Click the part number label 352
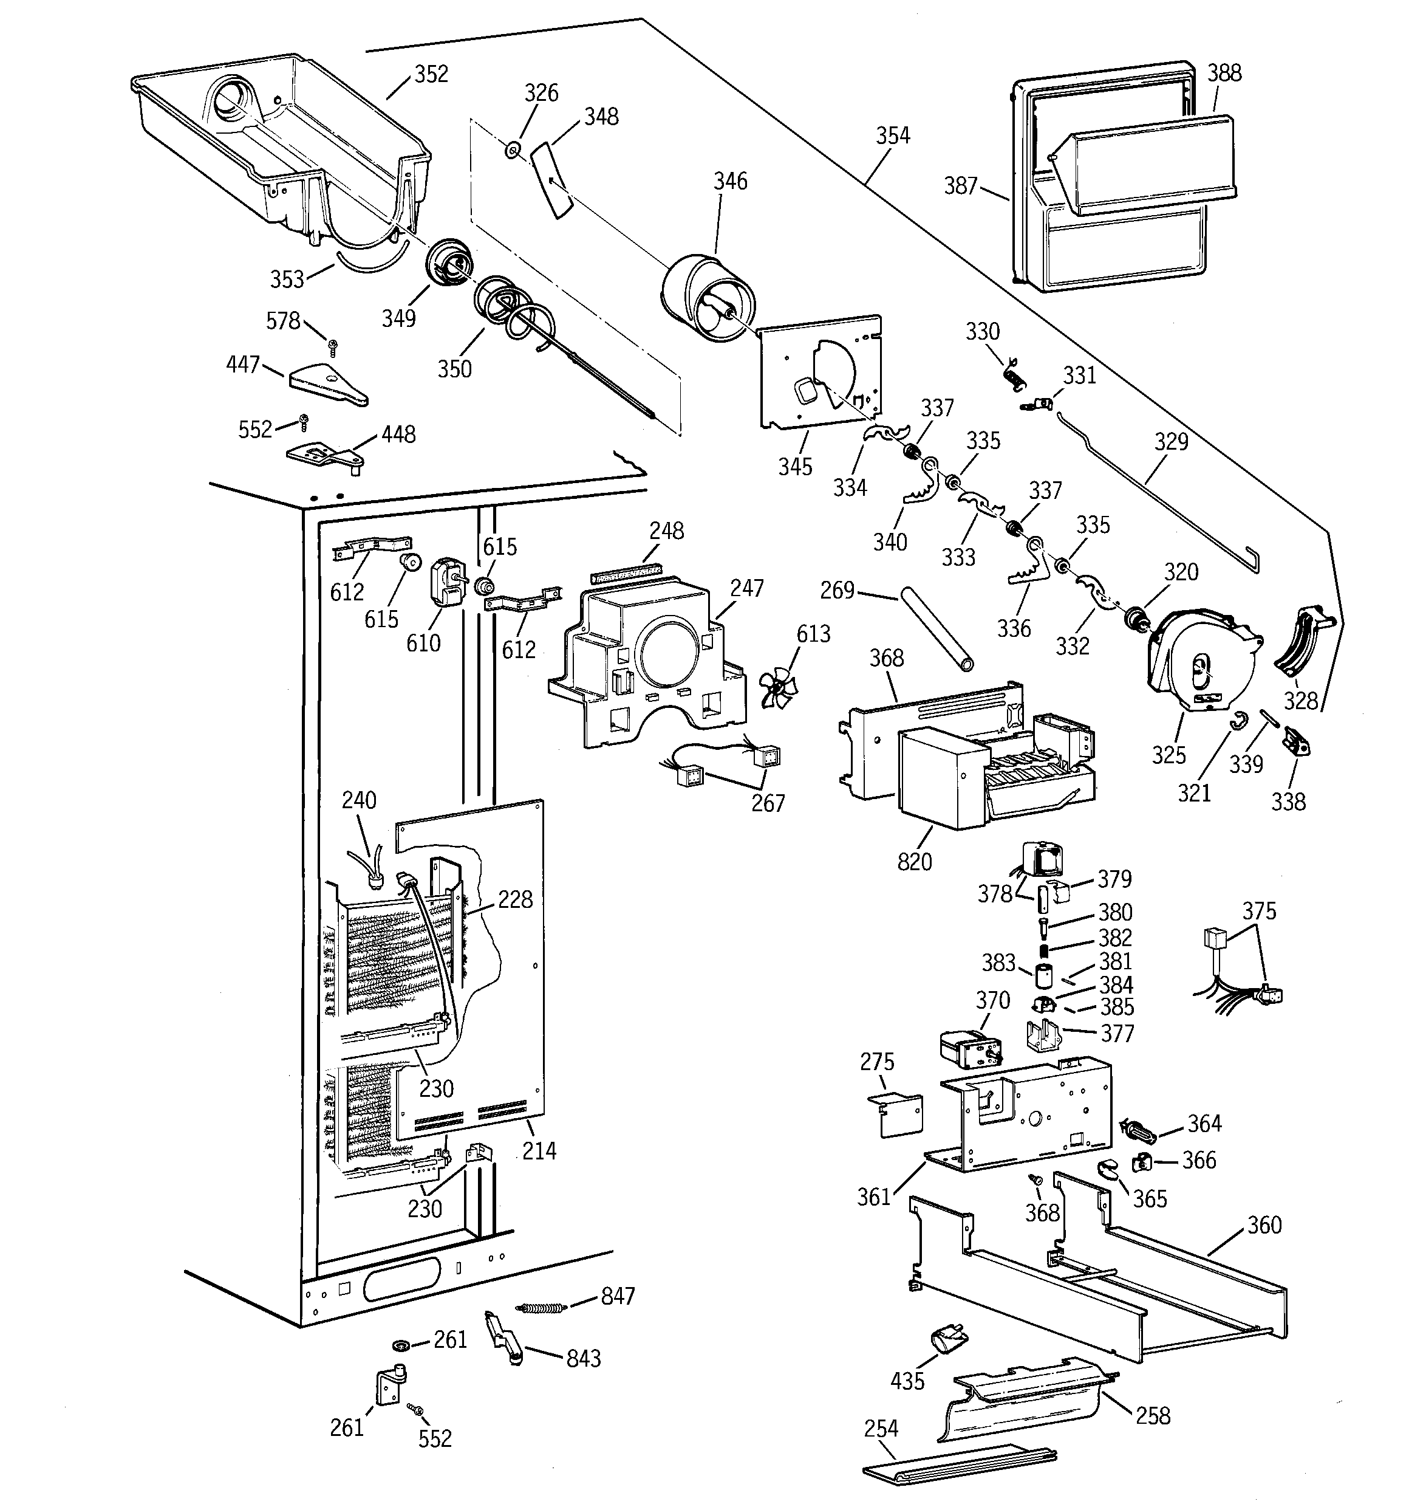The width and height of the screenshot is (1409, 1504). point(431,74)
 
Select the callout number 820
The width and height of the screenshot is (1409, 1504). point(915,861)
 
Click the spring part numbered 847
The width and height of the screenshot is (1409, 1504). point(539,1307)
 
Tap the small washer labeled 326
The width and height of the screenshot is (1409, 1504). point(513,151)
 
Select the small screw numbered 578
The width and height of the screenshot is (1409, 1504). point(332,346)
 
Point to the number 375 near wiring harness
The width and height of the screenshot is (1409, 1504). point(1258,911)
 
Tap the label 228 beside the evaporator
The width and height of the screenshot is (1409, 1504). point(515,899)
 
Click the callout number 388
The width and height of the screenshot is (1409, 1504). point(1224,73)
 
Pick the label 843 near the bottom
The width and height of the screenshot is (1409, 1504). point(583,1359)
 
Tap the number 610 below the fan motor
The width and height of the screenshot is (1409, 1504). point(423,643)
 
